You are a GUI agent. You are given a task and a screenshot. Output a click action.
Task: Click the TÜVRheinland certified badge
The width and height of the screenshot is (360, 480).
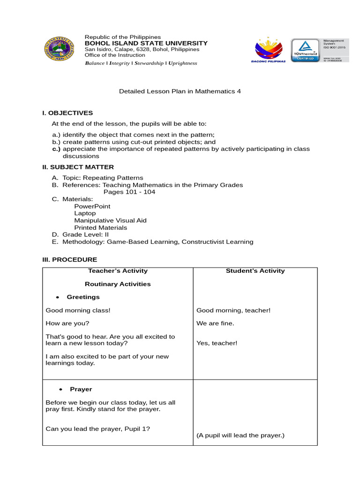pyautogui.click(x=305, y=50)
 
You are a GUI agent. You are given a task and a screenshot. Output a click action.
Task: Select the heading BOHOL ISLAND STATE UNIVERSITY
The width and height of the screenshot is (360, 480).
pyautogui.click(x=146, y=43)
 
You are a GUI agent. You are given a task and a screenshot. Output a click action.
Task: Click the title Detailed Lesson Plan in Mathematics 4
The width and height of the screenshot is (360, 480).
pyautogui.click(x=180, y=91)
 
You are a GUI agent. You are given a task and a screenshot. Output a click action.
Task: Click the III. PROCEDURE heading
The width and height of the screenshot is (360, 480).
pyautogui.click(x=70, y=259)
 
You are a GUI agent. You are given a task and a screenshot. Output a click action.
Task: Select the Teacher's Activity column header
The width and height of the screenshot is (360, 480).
pyautogui.click(x=118, y=270)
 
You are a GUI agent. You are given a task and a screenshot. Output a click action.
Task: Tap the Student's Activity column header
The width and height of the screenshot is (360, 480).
pyautogui.click(x=255, y=270)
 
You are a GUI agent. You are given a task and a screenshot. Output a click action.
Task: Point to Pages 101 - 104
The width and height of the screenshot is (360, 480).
pyautogui.click(x=129, y=192)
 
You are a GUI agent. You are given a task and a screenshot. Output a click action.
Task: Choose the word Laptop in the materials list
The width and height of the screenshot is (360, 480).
pyautogui.click(x=85, y=213)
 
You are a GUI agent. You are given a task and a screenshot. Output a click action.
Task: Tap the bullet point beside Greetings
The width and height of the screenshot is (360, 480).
pyautogui.click(x=57, y=297)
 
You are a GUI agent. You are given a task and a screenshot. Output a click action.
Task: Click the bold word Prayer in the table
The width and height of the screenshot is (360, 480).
pyautogui.click(x=81, y=389)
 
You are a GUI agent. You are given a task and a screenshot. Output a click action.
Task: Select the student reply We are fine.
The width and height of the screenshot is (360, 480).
pyautogui.click(x=215, y=323)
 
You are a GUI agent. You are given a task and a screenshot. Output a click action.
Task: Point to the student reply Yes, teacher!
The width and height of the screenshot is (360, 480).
pyautogui.click(x=217, y=343)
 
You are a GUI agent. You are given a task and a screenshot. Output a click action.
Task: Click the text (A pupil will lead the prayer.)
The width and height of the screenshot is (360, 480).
pyautogui.click(x=240, y=435)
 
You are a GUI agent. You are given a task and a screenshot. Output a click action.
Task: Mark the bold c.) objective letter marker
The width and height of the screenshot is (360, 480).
pyautogui.click(x=56, y=149)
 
